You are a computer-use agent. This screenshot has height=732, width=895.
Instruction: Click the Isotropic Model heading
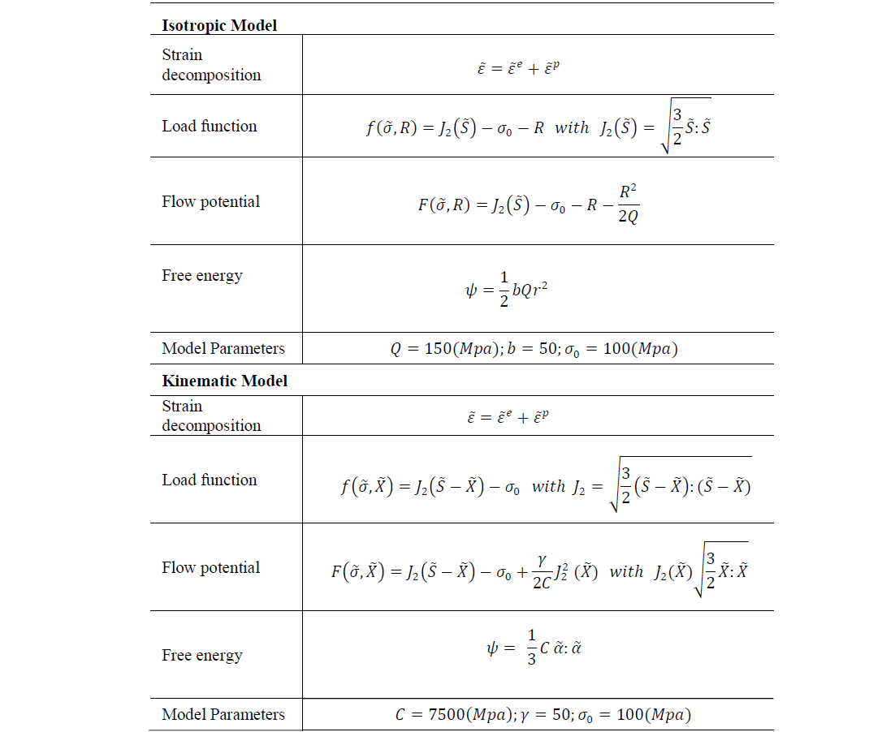(219, 25)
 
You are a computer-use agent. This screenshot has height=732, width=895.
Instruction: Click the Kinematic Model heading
(224, 381)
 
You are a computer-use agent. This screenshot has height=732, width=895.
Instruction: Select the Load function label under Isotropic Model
(210, 126)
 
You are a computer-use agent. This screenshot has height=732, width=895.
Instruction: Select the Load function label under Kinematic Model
(210, 480)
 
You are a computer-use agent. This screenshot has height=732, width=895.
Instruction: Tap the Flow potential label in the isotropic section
(211, 201)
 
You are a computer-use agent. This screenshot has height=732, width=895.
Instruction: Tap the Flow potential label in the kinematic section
(211, 567)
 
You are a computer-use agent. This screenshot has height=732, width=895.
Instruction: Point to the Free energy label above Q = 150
(202, 275)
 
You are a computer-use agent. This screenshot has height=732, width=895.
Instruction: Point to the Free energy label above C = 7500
(202, 655)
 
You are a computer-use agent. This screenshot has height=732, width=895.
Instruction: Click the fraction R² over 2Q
(628, 205)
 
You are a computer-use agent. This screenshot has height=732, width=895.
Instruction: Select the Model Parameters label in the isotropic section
(223, 349)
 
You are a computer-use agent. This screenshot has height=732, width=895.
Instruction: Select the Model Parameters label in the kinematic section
(223, 714)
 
